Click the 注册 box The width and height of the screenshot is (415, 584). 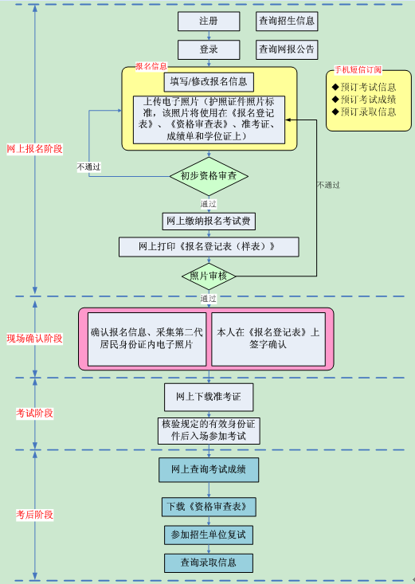pos(209,21)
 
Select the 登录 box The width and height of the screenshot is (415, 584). pos(209,49)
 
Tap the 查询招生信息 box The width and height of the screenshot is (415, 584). pos(287,21)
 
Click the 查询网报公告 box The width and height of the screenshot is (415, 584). pos(287,49)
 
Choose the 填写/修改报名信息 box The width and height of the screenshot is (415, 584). pos(209,81)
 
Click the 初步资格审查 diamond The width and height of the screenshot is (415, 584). pos(209,175)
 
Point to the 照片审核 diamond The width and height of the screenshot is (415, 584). pos(209,276)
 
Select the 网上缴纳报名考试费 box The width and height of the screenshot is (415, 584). pos(209,221)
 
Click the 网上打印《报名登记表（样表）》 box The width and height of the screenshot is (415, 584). pos(209,246)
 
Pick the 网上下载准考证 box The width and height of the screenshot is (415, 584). pos(209,395)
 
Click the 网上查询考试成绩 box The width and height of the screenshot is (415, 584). pos(209,469)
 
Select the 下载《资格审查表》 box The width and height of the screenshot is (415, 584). pos(209,506)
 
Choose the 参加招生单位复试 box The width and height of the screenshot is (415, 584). pos(209,534)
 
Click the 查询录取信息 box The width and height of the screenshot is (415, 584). pos(209,562)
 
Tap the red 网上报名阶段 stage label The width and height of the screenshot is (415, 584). pos(34,149)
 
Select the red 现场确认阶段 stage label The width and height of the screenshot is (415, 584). pos(34,338)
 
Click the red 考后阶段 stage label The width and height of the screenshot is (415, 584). pos(34,515)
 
